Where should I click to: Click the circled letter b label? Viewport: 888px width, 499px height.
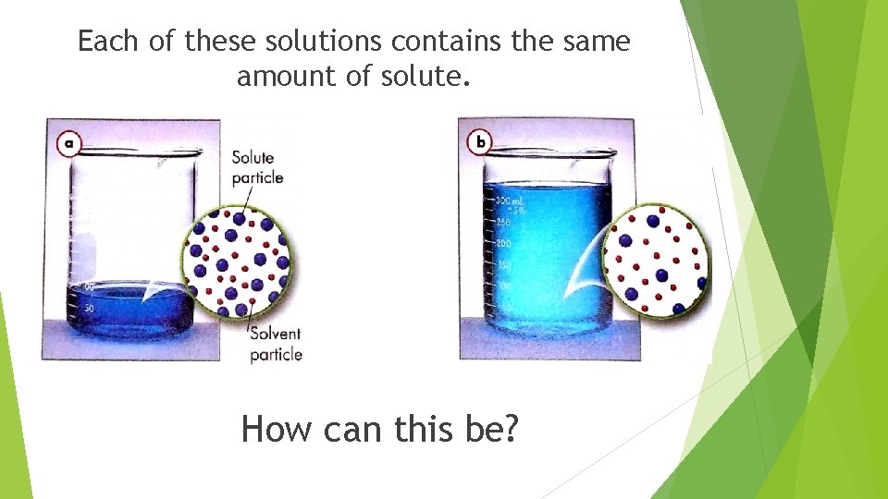tap(480, 142)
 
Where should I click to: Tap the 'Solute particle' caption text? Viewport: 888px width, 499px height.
tap(255, 167)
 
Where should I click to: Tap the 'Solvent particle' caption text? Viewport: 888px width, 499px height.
tap(276, 344)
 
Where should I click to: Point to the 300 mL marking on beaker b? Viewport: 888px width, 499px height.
tap(510, 201)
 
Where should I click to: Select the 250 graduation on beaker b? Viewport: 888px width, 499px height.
tap(504, 222)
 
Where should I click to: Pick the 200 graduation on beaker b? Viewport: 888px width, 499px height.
tap(504, 244)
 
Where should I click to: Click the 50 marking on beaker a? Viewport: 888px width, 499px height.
tap(90, 307)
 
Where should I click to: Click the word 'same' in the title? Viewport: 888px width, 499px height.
tap(597, 42)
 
